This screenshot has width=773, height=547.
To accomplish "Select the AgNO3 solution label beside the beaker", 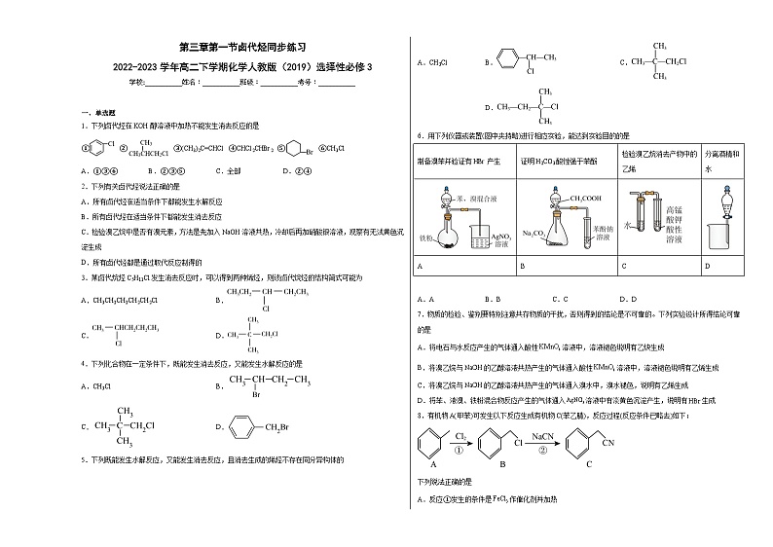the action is [497, 239].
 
